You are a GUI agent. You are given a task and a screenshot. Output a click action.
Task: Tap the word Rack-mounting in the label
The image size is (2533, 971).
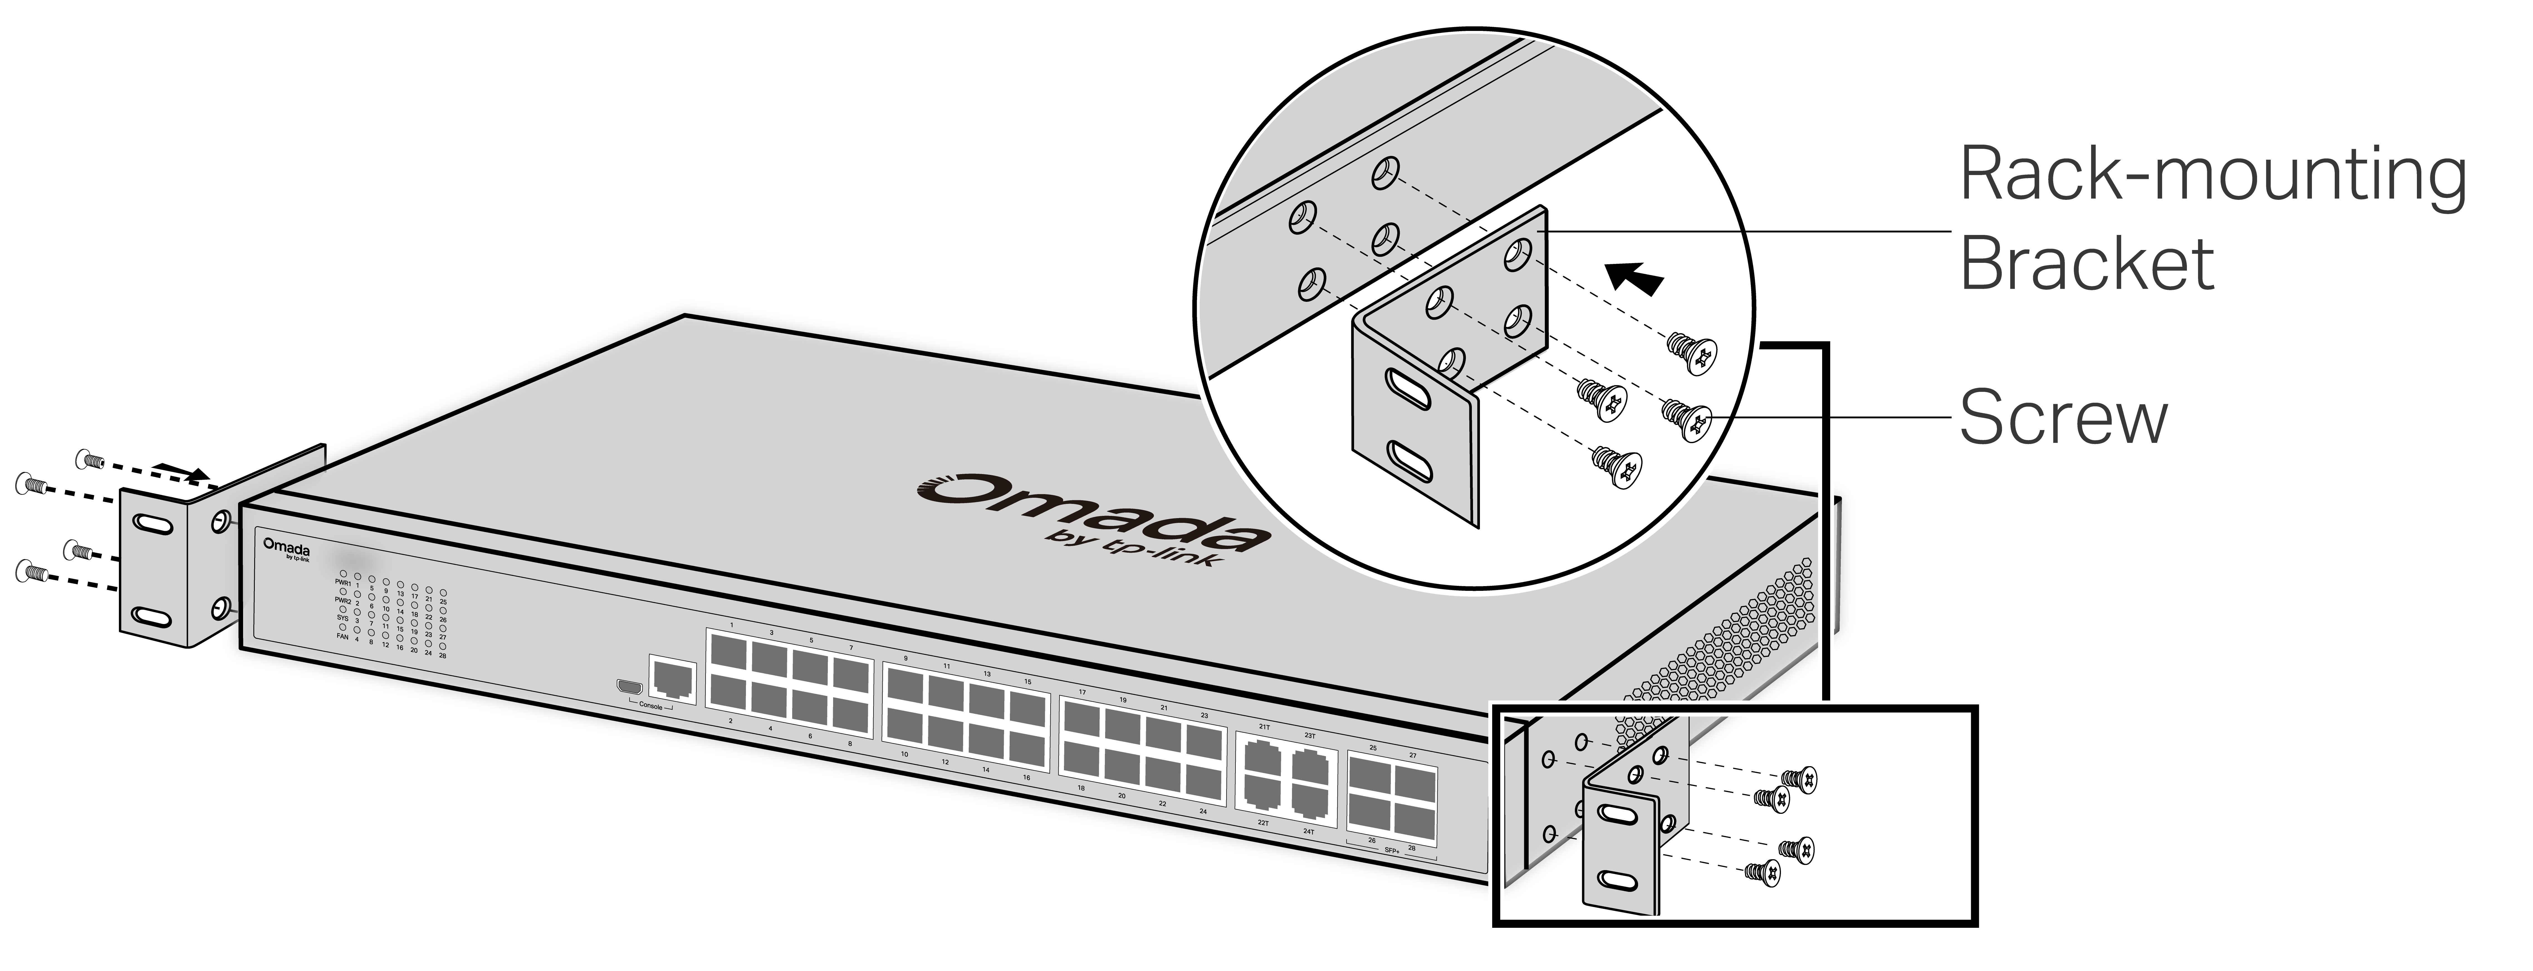[x=2213, y=175]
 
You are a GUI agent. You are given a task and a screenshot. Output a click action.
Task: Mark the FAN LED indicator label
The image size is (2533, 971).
[x=342, y=637]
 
